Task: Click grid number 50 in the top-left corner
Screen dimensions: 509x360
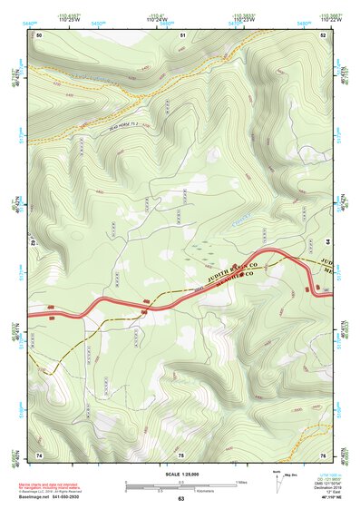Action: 39,34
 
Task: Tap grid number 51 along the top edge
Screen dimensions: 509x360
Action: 182,34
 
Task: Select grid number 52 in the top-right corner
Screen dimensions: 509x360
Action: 323,34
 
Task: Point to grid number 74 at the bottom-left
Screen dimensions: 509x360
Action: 39,453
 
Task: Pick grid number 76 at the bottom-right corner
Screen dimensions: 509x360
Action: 323,453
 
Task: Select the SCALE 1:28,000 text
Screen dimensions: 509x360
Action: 180,475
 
